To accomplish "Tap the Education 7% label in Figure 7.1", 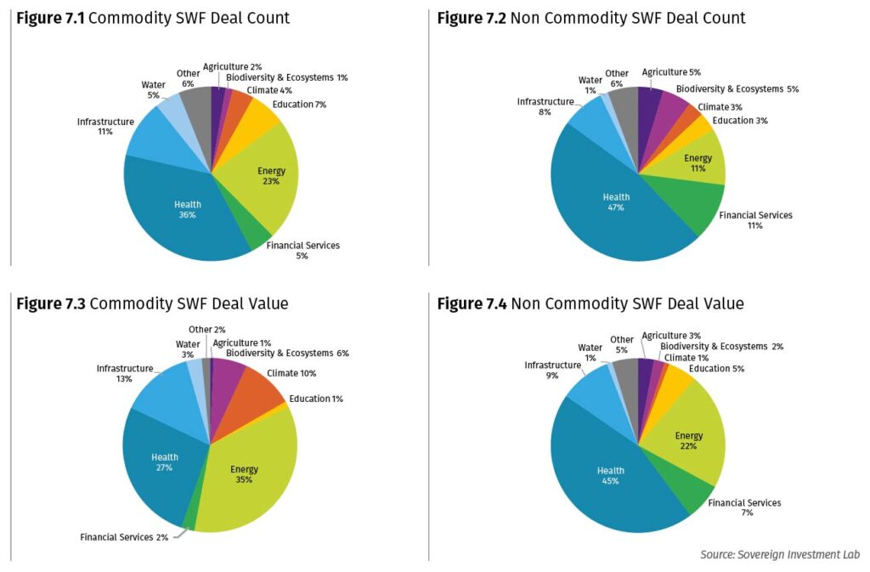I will pos(299,105).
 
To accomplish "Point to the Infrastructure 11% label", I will pos(105,127).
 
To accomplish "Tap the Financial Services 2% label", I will pos(122,537).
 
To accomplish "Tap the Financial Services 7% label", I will pos(744,508).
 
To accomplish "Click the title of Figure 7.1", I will pos(153,18).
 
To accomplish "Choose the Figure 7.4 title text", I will pos(590,303).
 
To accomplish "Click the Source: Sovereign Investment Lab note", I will pos(779,554).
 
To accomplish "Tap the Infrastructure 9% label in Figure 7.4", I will pos(552,370).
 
